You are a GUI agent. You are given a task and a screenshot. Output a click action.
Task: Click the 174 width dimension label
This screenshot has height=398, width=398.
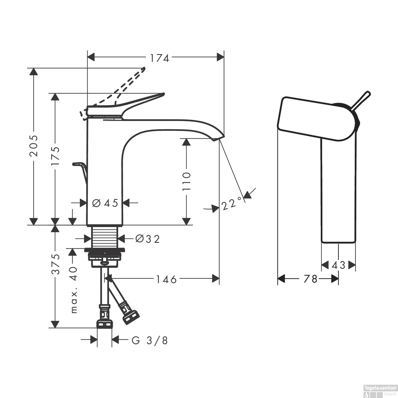coord(159,58)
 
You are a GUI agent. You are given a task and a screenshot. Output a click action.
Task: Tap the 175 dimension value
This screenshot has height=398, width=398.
coord(55,156)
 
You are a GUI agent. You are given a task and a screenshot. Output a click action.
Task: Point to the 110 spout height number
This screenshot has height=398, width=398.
coord(187,181)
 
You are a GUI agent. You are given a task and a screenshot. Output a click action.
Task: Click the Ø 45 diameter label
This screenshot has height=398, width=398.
coord(105,203)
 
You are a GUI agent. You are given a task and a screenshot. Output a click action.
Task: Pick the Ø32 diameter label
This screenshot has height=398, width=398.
coord(148,239)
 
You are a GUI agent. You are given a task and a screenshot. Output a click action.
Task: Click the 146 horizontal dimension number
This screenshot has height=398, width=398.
coord(166,279)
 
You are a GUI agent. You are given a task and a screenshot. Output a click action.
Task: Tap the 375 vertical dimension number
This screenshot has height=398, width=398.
coord(55,264)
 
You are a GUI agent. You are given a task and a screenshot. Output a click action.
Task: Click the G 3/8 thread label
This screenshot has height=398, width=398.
coord(150,340)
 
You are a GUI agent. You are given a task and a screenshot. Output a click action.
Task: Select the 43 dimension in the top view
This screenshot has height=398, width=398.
coord(338,265)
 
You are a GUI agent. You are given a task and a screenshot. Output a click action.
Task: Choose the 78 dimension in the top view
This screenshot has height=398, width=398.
coord(310,279)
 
